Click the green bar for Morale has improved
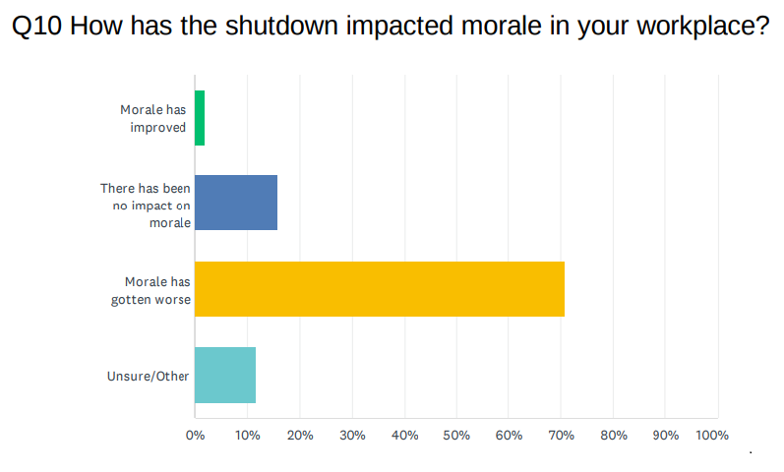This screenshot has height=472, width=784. click(x=200, y=118)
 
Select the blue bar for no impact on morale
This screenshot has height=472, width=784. click(x=236, y=203)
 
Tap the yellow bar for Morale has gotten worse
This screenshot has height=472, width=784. click(x=380, y=289)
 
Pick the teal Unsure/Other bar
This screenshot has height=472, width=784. click(x=225, y=375)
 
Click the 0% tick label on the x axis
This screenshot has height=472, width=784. click(x=195, y=435)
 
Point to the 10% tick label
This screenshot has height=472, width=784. click(x=247, y=435)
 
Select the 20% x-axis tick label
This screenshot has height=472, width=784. click(x=299, y=435)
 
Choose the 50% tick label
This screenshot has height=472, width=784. click(x=456, y=435)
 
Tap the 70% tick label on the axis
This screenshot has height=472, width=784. click(x=561, y=435)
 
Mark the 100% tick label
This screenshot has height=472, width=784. click(x=711, y=435)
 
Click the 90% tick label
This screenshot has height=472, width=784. click(x=665, y=435)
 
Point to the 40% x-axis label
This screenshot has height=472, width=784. click(x=404, y=435)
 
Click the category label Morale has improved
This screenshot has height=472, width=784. click(x=152, y=118)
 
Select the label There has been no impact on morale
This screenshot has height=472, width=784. click(x=146, y=205)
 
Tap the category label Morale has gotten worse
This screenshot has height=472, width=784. click(x=151, y=290)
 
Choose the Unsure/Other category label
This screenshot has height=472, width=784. click(x=148, y=376)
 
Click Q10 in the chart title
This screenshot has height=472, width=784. click(x=38, y=27)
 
